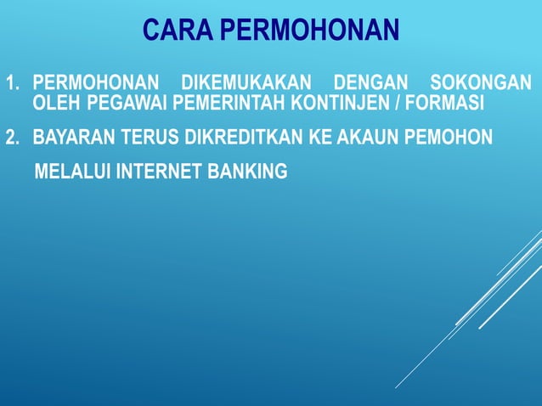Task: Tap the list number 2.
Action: [x=12, y=138]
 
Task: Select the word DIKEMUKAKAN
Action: [x=246, y=85]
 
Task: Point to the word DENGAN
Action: [x=369, y=85]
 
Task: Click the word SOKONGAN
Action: [x=482, y=85]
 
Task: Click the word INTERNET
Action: [x=156, y=172]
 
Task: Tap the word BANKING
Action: [x=246, y=172]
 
